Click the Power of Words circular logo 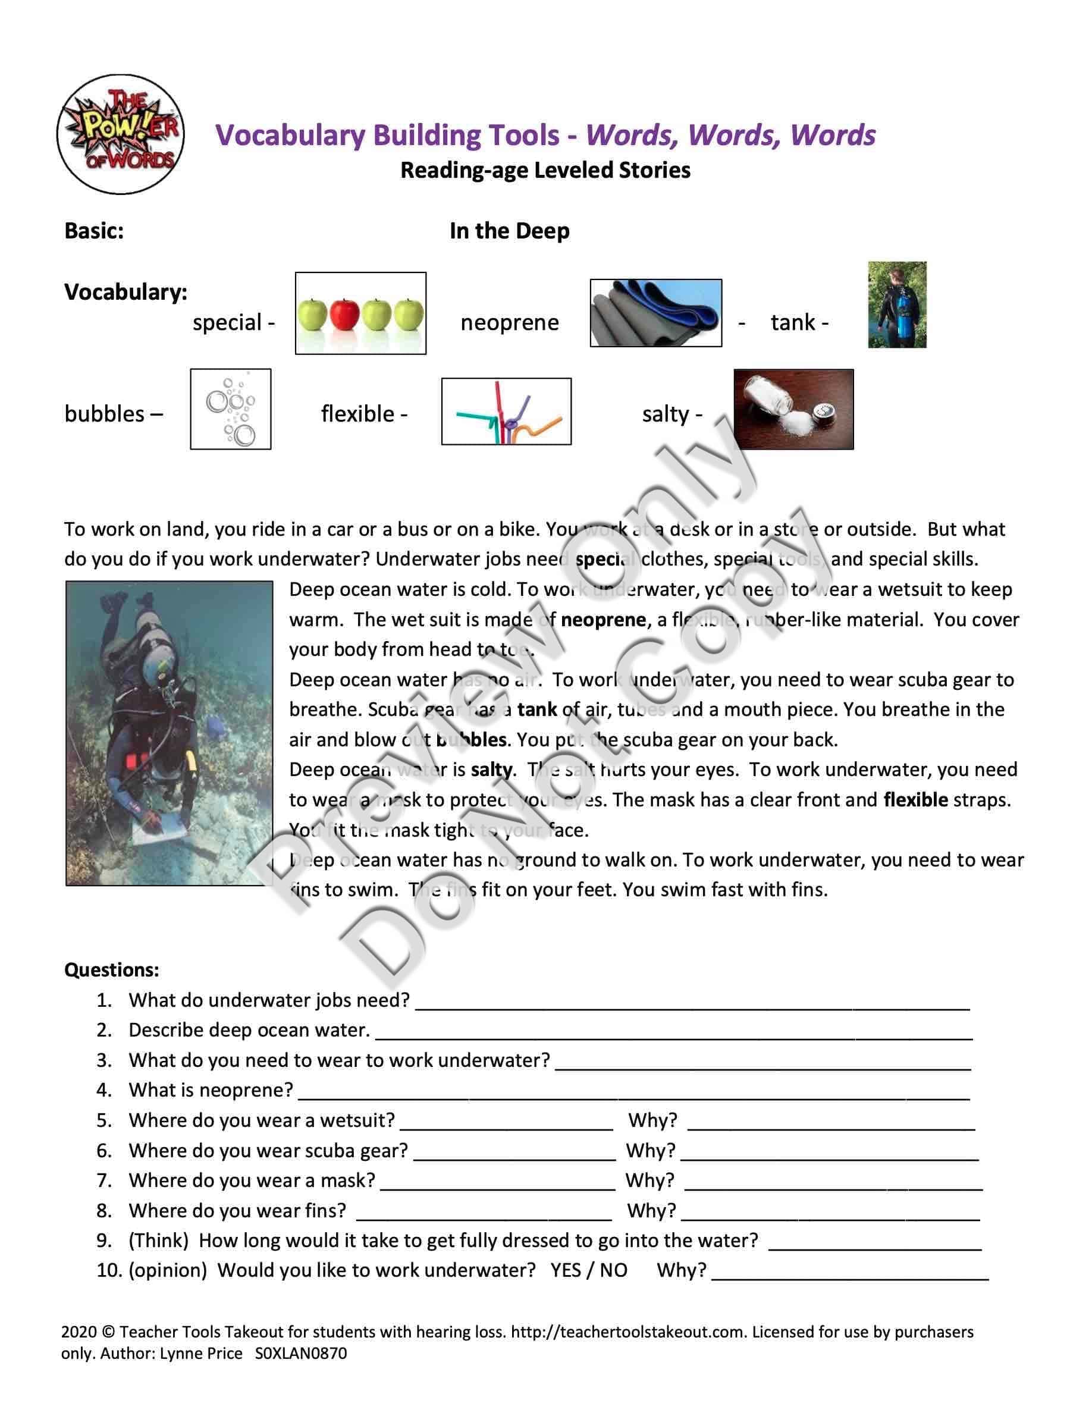[120, 134]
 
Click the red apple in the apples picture [344, 314]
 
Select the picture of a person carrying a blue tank [897, 304]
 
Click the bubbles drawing [230, 409]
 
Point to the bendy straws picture [506, 412]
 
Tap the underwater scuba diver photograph [170, 733]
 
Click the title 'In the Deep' [509, 231]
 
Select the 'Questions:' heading [111, 969]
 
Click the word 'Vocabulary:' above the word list [125, 292]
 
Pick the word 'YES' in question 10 [566, 1270]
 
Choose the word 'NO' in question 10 [613, 1270]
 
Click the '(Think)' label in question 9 [158, 1241]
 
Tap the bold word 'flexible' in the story [915, 800]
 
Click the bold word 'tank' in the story [537, 709]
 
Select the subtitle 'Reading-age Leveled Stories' [545, 170]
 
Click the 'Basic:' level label [94, 231]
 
